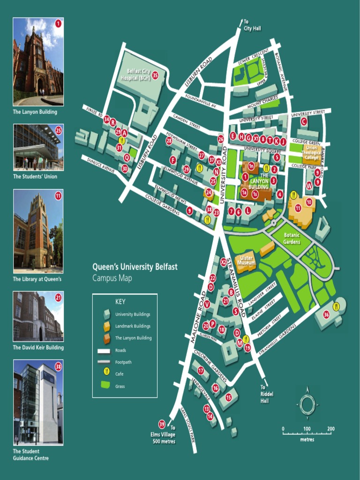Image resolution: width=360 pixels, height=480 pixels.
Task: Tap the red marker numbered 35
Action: click(155, 75)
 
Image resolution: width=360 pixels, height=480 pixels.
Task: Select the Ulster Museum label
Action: click(247, 261)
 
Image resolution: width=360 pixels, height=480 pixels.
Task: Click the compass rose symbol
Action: click(307, 404)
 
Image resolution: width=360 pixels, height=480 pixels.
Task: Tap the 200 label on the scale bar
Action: click(331, 429)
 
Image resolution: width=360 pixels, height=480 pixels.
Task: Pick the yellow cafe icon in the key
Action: click(106, 374)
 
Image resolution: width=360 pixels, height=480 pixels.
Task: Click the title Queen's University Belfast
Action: click(135, 267)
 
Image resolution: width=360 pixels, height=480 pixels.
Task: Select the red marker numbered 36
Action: click(326, 315)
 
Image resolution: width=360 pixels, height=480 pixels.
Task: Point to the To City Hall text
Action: click(252, 25)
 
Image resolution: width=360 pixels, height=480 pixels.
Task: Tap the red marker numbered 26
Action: click(221, 139)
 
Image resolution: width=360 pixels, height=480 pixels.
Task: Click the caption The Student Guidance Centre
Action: click(30, 454)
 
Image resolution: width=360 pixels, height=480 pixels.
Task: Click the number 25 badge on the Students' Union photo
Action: click(58, 130)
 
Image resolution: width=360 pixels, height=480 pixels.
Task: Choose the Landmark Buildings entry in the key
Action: click(133, 326)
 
